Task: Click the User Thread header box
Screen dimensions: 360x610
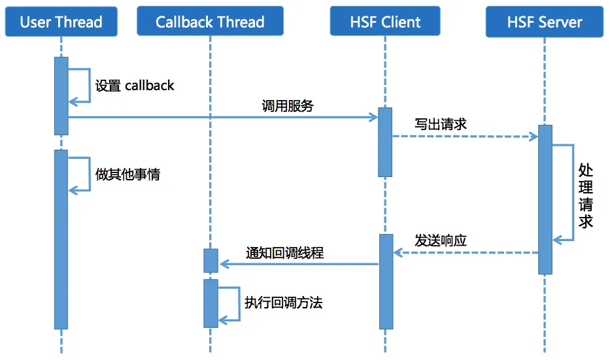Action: click(x=61, y=22)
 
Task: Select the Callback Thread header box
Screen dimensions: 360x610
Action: click(x=210, y=22)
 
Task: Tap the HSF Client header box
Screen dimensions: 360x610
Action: click(x=385, y=22)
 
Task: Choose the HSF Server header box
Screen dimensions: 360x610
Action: click(x=545, y=22)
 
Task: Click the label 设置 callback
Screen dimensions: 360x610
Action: click(x=135, y=86)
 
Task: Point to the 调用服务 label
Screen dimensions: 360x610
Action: click(x=288, y=106)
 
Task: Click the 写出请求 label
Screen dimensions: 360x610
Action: click(x=441, y=124)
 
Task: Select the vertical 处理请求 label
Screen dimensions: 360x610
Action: click(x=585, y=195)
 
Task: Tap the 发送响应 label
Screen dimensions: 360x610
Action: click(x=441, y=240)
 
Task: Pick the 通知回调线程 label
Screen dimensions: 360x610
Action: click(x=284, y=253)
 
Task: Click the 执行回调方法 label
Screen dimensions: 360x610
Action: click(x=283, y=303)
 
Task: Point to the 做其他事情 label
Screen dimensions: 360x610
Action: click(x=127, y=174)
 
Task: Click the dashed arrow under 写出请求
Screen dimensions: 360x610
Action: click(x=464, y=137)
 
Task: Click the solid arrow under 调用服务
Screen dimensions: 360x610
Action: click(x=222, y=118)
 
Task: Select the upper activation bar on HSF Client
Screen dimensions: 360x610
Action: click(x=385, y=142)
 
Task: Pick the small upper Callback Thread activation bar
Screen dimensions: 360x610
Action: click(x=210, y=261)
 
